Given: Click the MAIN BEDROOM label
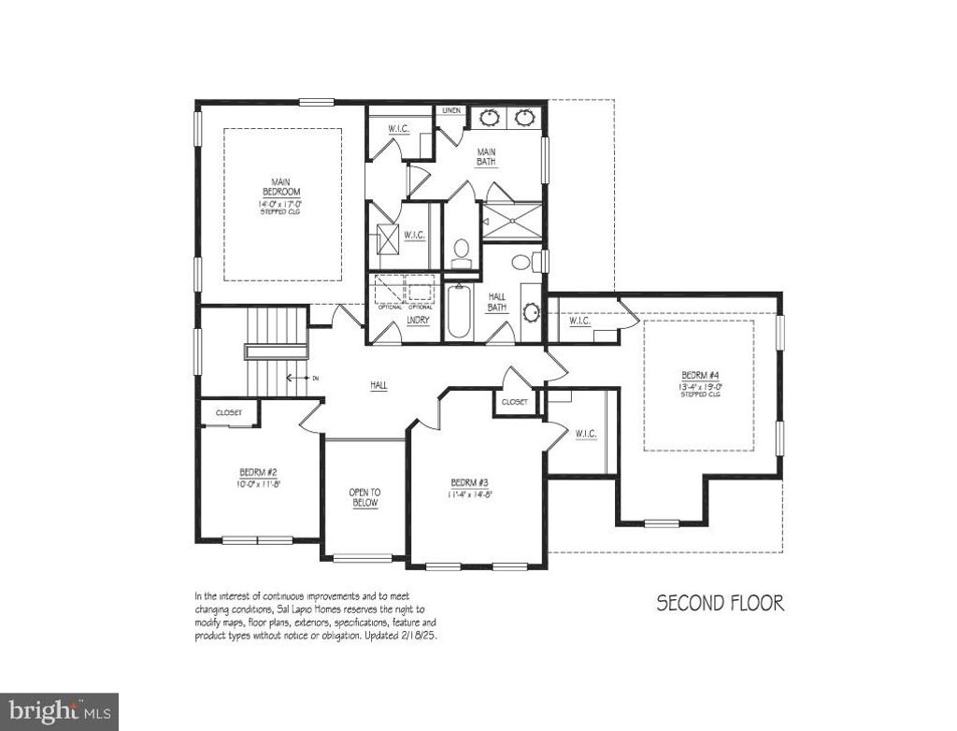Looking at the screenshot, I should [x=280, y=187].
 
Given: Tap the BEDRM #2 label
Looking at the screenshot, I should [x=254, y=472].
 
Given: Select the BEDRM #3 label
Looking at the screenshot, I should [x=469, y=482].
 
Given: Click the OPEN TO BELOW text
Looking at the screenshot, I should [x=364, y=497].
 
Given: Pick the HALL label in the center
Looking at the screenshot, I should [x=379, y=384].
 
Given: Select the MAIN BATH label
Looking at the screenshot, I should [x=486, y=156].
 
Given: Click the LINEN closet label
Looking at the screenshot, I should [x=452, y=111].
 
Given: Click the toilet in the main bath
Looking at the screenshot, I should [x=460, y=250].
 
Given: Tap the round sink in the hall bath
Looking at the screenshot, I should [x=531, y=313].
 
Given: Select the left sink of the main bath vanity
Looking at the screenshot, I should [x=490, y=118].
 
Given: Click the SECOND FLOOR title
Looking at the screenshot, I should [x=720, y=603].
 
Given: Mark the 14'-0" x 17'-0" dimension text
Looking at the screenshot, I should [x=280, y=204].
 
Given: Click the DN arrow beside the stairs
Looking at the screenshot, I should [x=301, y=378].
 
